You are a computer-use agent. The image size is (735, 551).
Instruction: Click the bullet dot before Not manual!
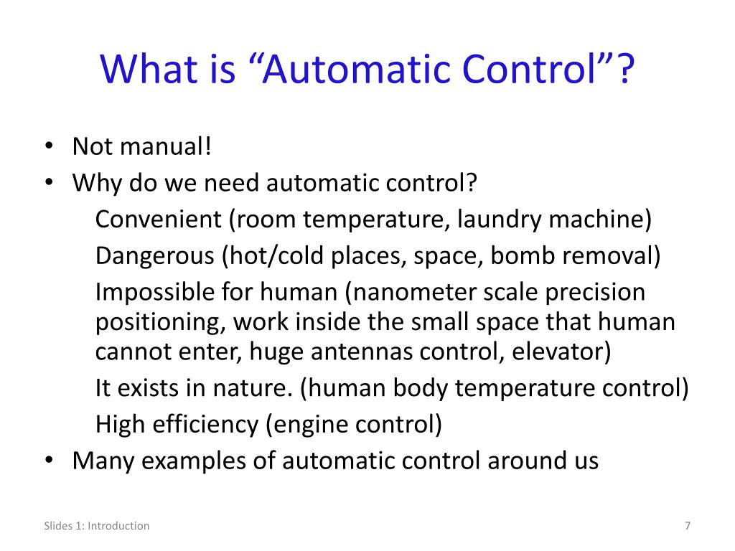tap(47, 149)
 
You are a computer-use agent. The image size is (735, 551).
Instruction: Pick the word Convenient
tap(159, 219)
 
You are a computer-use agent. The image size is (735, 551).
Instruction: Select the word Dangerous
tap(155, 255)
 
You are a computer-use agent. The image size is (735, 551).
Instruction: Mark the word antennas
tap(377, 352)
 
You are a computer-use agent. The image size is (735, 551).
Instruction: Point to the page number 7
tap(688, 526)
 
